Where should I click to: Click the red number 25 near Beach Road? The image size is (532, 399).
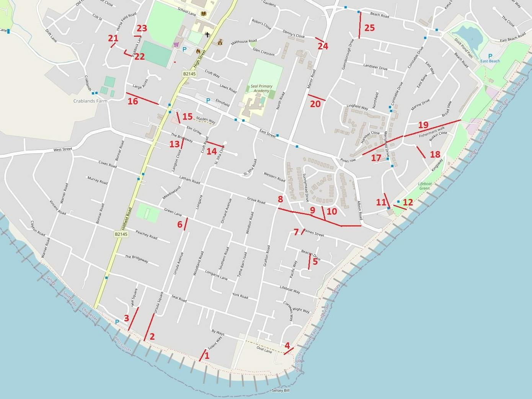pos(369,28)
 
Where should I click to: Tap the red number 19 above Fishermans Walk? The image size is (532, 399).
pos(423,125)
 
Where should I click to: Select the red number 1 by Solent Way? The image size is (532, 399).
pos(207,355)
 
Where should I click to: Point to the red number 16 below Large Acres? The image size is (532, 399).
pos(133,101)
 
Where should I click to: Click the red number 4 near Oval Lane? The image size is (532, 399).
pos(287,345)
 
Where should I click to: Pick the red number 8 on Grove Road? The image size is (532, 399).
pos(281,199)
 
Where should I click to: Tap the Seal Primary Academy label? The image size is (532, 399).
pos(261,88)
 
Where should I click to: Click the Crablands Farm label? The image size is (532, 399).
pos(90,101)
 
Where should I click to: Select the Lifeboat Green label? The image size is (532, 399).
pos(425,186)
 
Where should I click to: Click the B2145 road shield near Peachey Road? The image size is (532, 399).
pos(121,234)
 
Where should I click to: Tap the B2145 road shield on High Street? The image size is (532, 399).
pos(189,74)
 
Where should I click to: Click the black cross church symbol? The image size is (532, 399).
pos(207,35)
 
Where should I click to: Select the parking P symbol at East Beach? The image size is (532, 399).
pos(490,56)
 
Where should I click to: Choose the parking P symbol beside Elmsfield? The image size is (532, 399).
pos(208,101)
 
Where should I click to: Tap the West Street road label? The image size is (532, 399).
pos(63,149)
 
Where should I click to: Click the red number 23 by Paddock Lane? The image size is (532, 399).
pos(142,28)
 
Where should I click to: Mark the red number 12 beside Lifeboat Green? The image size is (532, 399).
pos(408,202)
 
